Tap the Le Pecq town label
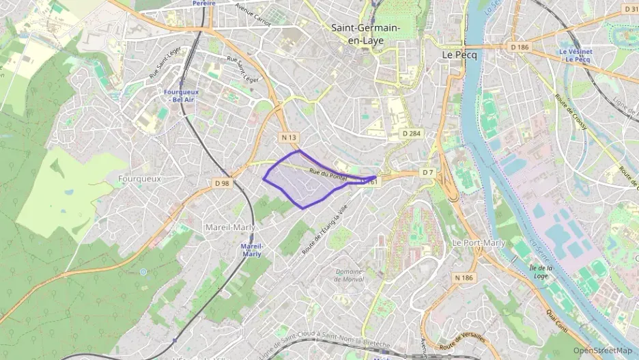(x=459, y=54)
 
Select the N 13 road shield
(x=289, y=137)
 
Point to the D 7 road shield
(x=427, y=172)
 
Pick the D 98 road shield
(x=222, y=183)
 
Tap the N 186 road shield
(x=464, y=278)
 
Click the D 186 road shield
(x=519, y=46)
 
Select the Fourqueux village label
(x=139, y=178)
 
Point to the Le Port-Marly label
(x=479, y=243)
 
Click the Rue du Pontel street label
(x=328, y=175)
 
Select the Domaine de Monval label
(x=348, y=275)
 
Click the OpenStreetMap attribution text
(x=602, y=350)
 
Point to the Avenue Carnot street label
(x=253, y=14)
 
